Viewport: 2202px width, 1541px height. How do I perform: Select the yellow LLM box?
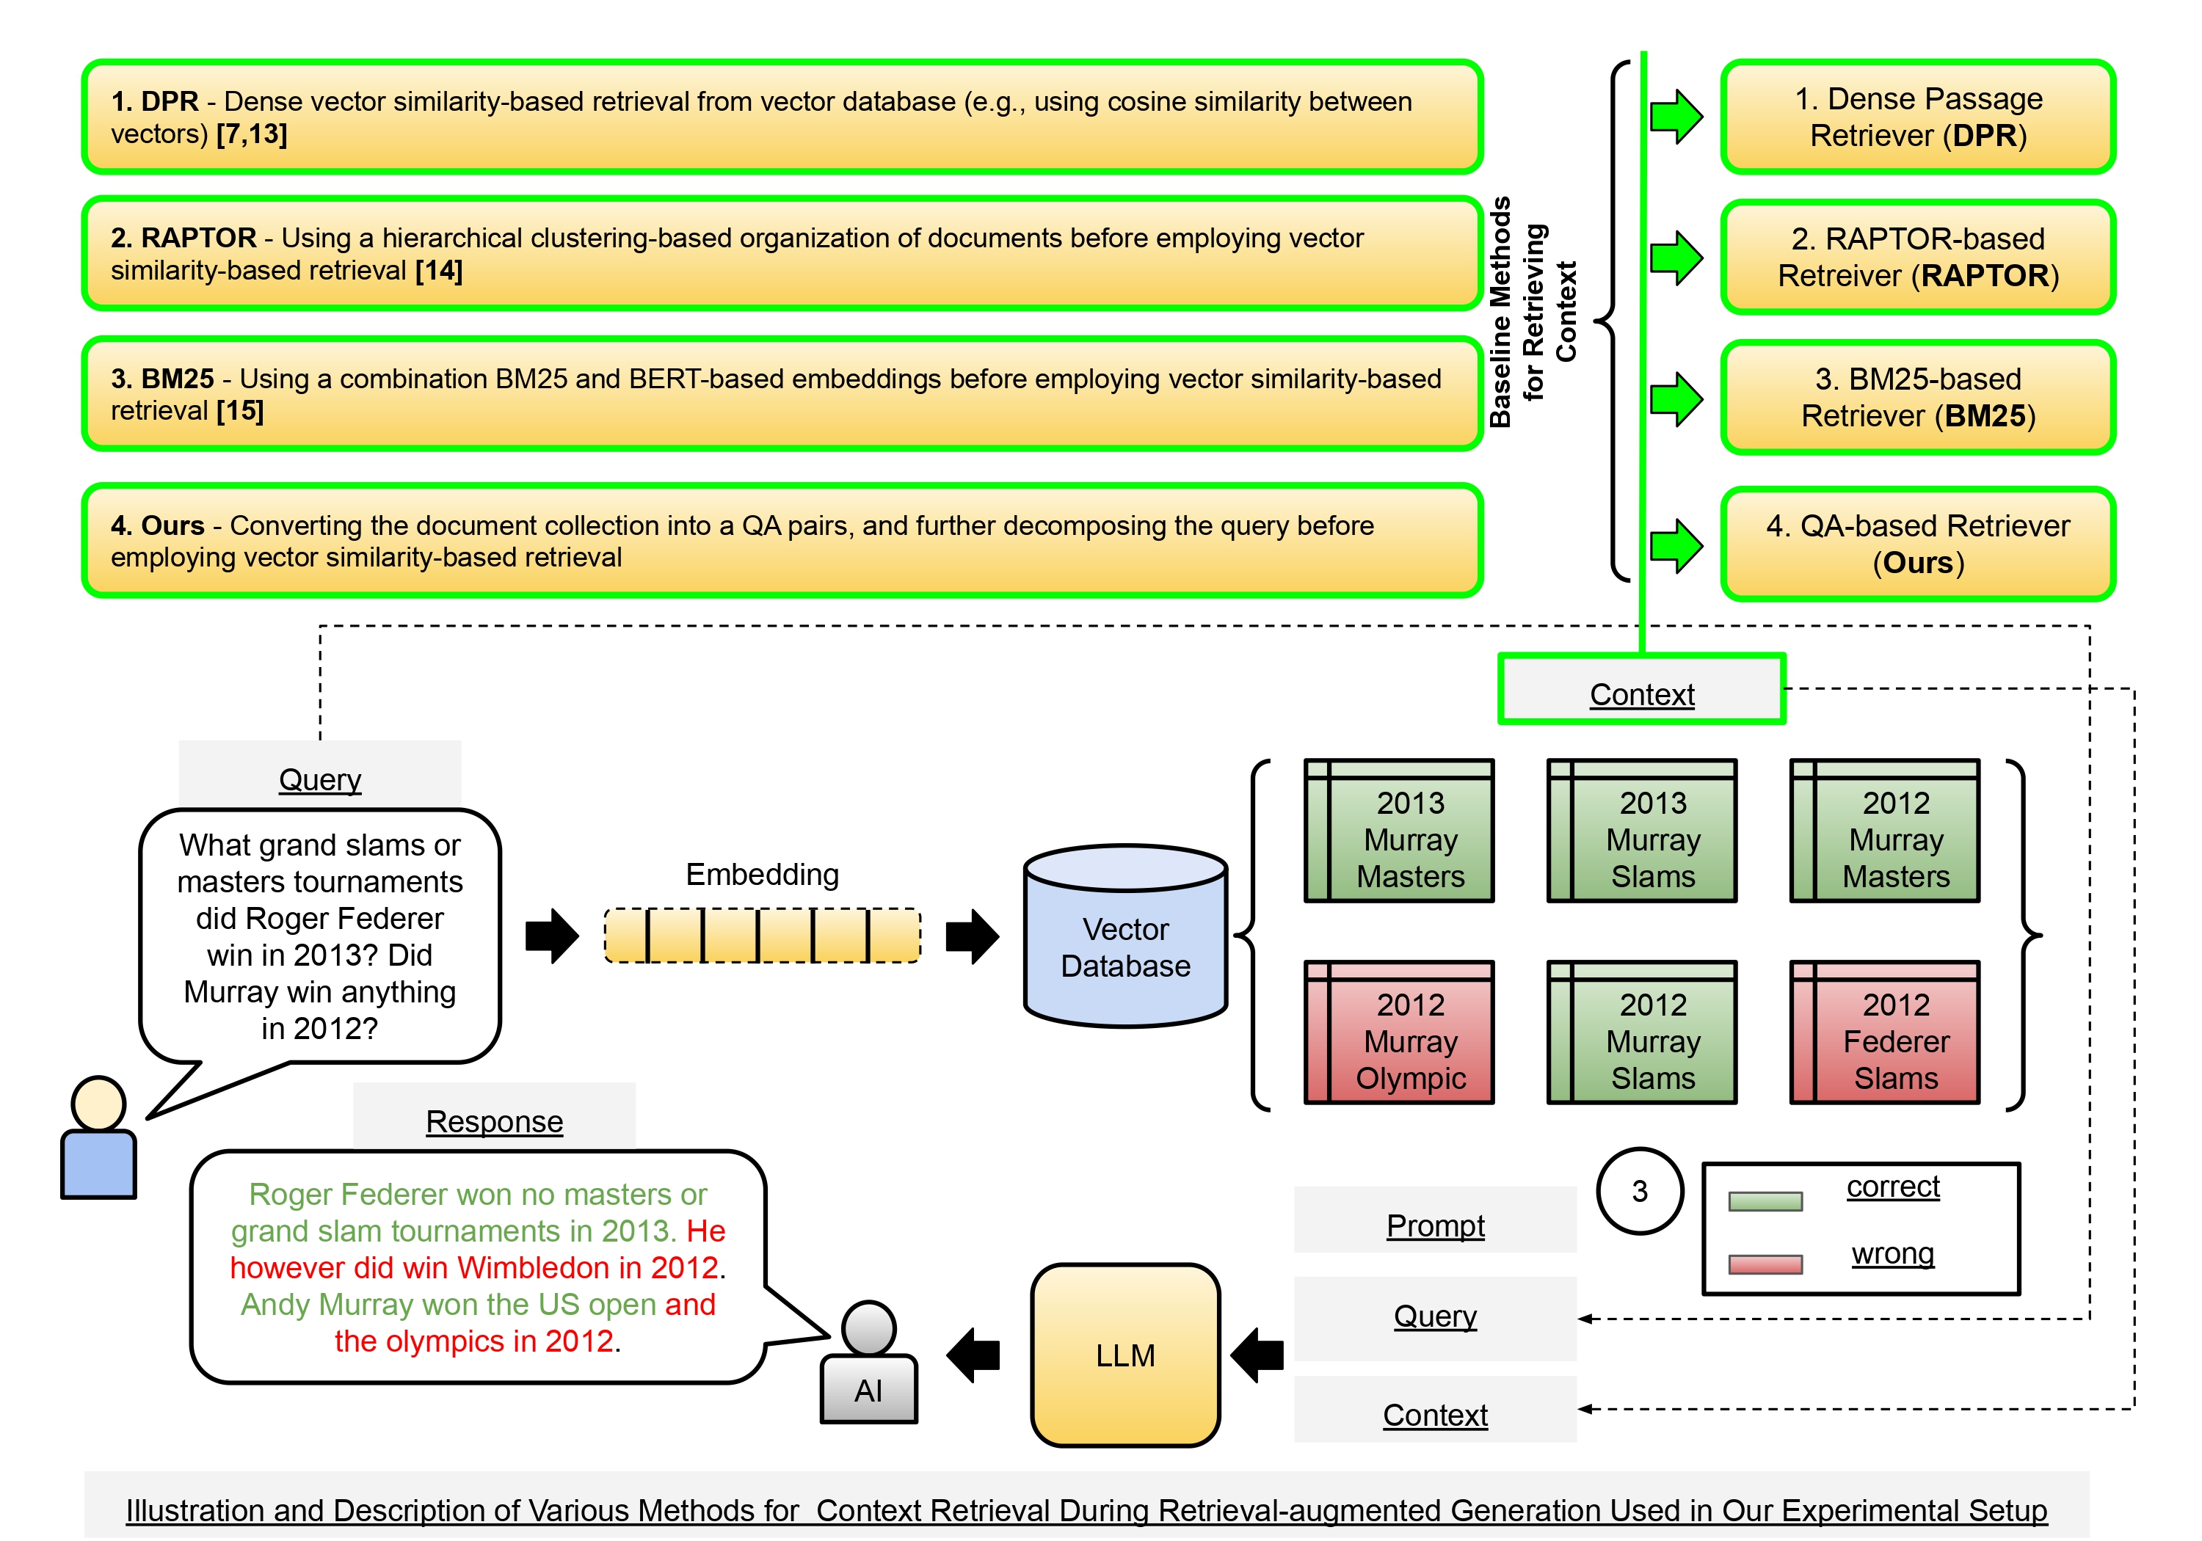coord(1125,1354)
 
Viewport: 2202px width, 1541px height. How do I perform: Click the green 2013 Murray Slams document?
coord(1642,831)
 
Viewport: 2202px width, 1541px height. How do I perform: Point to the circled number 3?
coord(1639,1190)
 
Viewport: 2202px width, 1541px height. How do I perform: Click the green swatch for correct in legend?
coord(1765,1201)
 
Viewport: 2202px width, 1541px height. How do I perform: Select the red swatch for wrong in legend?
coord(1765,1264)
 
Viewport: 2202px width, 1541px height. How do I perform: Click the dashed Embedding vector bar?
coord(763,935)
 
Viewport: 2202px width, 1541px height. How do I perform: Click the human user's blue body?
coord(99,1163)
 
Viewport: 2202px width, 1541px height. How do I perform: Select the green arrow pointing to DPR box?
coord(1676,117)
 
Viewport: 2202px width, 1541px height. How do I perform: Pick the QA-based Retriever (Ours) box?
coord(1918,544)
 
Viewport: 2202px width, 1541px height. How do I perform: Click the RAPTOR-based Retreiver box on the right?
coord(1918,257)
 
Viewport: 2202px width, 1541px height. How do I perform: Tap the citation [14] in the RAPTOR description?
coord(438,272)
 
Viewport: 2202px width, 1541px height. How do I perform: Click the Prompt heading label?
coord(1435,1225)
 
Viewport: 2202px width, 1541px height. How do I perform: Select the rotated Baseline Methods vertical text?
coord(1532,312)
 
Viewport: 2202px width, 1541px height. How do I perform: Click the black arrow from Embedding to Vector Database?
coord(972,935)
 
